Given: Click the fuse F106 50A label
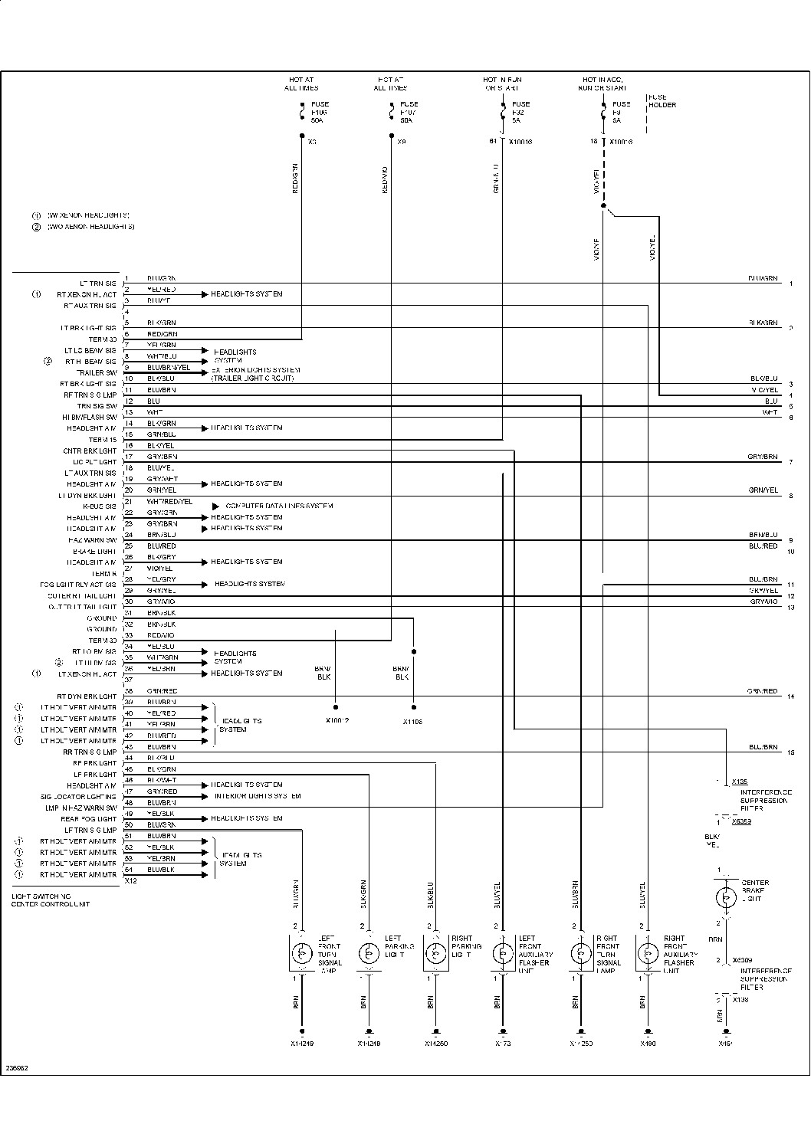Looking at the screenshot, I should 320,112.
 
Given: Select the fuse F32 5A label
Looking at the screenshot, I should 520,112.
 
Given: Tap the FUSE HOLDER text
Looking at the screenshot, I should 662,101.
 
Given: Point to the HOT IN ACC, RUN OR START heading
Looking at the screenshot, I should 605,84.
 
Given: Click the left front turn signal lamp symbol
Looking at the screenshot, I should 302,953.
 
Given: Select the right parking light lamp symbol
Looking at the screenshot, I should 435,953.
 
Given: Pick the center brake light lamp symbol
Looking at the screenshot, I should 724,896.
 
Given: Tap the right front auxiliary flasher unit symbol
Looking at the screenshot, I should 648,953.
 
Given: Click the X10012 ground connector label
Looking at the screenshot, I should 337,721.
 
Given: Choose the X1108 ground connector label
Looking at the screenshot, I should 412,722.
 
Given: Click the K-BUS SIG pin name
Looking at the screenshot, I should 100,506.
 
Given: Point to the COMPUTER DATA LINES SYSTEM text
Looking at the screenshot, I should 279,506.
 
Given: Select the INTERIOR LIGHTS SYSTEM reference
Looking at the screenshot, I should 258,796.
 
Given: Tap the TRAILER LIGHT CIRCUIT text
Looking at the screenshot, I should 252,379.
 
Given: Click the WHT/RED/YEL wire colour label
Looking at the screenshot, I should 169,502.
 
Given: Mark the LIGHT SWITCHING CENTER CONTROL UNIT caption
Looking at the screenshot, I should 51,900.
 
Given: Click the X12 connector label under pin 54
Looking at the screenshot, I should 131,881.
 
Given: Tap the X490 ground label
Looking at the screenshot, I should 648,1044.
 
